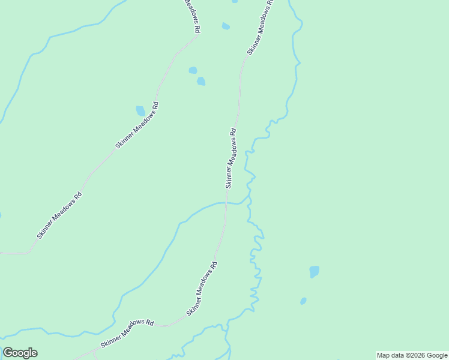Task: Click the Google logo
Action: pyautogui.click(x=20, y=353)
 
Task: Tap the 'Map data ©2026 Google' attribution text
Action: pyautogui.click(x=412, y=355)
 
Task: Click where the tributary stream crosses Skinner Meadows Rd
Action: pyautogui.click(x=226, y=203)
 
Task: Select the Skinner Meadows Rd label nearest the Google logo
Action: pyautogui.click(x=127, y=334)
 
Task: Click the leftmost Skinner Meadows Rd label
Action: pyautogui.click(x=59, y=215)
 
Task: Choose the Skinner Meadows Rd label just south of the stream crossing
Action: pyautogui.click(x=202, y=288)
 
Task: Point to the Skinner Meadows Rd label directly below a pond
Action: pyautogui.click(x=138, y=125)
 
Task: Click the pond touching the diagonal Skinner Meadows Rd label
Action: pyautogui.click(x=140, y=111)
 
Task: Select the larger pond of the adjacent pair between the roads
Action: pyautogui.click(x=201, y=81)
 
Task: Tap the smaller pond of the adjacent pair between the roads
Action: pyautogui.click(x=193, y=70)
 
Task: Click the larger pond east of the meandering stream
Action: pyautogui.click(x=315, y=271)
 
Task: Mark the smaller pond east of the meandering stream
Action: pyautogui.click(x=303, y=301)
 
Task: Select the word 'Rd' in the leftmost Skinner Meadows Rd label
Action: pyautogui.click(x=77, y=196)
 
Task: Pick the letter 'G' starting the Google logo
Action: pyautogui.click(x=8, y=353)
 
